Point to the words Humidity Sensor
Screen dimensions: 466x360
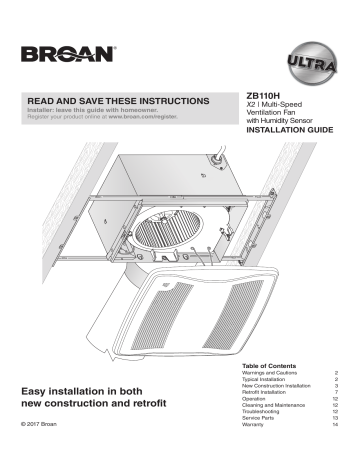coord(304,120)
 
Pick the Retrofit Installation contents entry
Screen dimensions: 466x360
coord(274,393)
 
